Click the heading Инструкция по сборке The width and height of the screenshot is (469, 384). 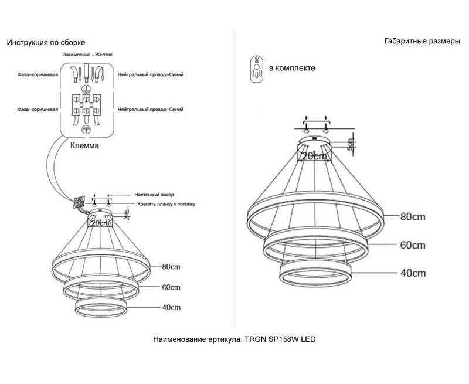point(46,43)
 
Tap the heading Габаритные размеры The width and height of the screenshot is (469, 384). point(422,41)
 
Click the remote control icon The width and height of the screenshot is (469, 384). point(257,69)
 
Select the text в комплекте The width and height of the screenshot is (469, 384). point(292,68)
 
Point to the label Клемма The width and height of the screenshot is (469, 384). point(84,145)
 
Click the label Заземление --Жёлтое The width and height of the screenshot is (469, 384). point(87,55)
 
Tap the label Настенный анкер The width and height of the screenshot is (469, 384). point(154,195)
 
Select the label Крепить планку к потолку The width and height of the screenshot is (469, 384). point(166,204)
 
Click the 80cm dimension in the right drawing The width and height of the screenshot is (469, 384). point(413,216)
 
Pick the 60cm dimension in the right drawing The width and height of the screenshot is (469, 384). point(413,245)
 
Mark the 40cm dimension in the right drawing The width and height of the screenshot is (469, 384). point(413,273)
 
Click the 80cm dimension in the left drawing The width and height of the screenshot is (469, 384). point(171,267)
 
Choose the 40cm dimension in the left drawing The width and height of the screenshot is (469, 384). point(171,307)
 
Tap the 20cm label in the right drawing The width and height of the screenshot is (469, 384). point(314,156)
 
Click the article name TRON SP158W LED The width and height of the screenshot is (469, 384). point(280,339)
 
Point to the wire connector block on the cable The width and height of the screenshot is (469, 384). point(79,202)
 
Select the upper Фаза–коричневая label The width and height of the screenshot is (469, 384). point(38,75)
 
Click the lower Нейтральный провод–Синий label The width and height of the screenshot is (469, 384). point(151,110)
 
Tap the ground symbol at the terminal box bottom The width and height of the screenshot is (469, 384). point(86,129)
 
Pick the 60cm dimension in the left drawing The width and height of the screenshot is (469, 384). point(171,287)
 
